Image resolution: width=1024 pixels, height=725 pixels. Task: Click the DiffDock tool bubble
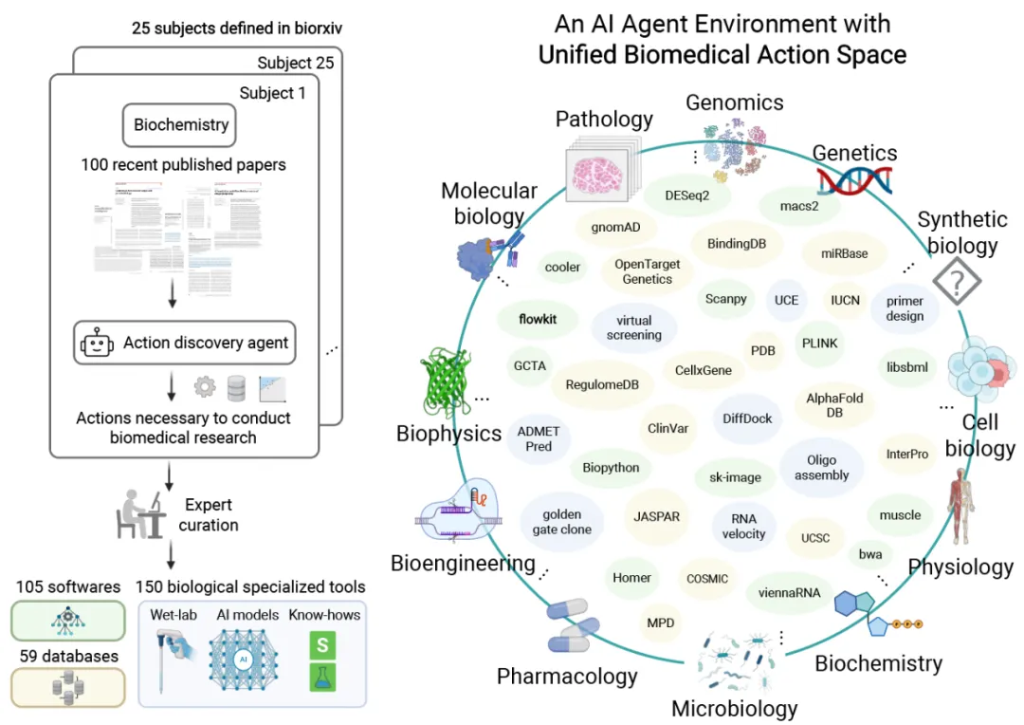click(x=747, y=418)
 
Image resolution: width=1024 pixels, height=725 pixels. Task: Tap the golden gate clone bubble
click(x=562, y=522)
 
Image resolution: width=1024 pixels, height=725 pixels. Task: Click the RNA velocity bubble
click(x=743, y=526)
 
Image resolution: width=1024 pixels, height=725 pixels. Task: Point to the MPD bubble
click(x=660, y=623)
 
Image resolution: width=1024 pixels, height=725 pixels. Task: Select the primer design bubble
click(x=905, y=308)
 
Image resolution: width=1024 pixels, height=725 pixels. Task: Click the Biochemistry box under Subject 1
click(x=181, y=124)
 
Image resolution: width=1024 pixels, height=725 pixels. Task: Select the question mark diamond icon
click(x=957, y=282)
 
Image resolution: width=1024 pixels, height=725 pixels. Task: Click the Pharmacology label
click(x=567, y=677)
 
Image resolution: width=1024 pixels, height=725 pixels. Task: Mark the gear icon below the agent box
click(x=205, y=386)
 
